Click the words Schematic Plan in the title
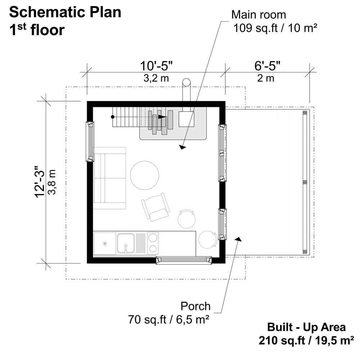(65, 12)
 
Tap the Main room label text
(258, 15)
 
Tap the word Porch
(195, 306)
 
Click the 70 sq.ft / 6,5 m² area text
(169, 319)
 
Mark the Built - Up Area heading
(306, 327)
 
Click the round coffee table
(144, 175)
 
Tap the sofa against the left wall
(109, 178)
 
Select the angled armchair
(156, 207)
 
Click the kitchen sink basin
(126, 243)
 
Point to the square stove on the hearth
(187, 118)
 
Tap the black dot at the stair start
(113, 117)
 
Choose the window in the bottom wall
(184, 260)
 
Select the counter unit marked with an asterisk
(105, 244)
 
